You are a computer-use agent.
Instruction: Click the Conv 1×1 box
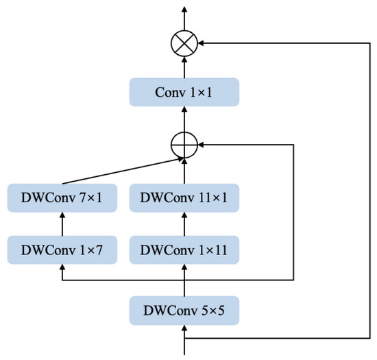[184, 92]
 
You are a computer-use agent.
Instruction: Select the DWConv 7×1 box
[62, 197]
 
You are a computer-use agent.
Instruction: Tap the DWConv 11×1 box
[184, 197]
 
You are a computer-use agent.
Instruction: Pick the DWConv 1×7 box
[62, 250]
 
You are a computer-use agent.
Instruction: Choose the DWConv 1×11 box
[184, 250]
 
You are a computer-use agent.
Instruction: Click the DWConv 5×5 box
[184, 311]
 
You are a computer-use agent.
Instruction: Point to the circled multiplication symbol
[184, 43]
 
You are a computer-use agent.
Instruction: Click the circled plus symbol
[184, 145]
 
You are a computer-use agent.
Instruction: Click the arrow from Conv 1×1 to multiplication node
[184, 67]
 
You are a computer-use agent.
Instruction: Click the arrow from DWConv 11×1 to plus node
[184, 171]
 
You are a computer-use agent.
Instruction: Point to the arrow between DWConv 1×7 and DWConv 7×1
[62, 224]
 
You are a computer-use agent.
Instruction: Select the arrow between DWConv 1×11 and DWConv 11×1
[184, 224]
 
